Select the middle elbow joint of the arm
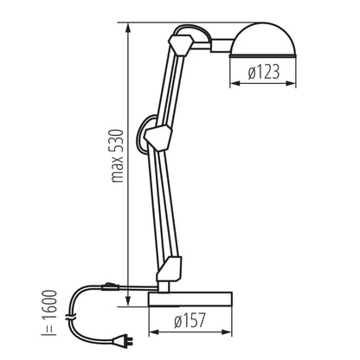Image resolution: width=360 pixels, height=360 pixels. tap(161, 136)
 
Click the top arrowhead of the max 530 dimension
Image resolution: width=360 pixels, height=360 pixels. tap(127, 25)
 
